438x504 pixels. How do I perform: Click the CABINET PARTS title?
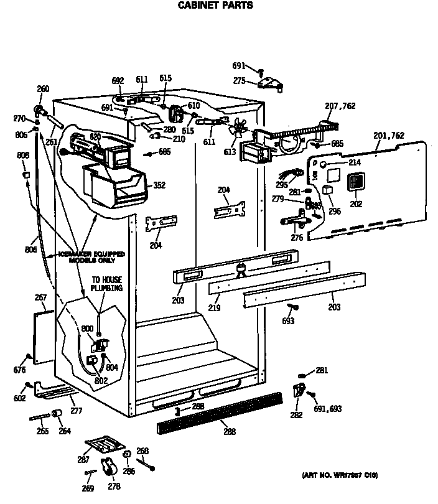coord(216,6)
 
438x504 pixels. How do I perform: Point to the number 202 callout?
coord(355,203)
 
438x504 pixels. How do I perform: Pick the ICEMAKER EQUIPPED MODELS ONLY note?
coord(91,257)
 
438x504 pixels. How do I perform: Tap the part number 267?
coord(41,298)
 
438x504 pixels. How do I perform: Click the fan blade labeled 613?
coord(238,130)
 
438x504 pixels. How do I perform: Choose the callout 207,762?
coord(340,106)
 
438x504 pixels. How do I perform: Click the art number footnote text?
coord(340,475)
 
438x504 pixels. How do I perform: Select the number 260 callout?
coord(43,89)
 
